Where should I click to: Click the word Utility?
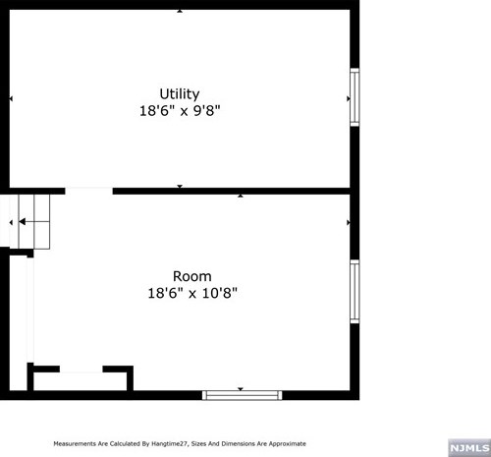click(179, 94)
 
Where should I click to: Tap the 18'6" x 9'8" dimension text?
click(179, 111)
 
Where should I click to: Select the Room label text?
click(192, 276)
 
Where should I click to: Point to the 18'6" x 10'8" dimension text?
click(192, 293)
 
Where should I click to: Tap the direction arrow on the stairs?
click(12, 222)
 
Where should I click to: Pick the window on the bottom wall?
click(242, 395)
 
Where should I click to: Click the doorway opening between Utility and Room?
click(88, 190)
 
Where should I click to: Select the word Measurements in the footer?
click(75, 444)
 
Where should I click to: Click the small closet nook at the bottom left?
click(81, 380)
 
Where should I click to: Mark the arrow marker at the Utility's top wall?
click(179, 11)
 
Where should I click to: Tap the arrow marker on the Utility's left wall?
click(11, 99)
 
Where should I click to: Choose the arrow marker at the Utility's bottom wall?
click(179, 186)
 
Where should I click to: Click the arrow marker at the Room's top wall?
click(242, 196)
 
